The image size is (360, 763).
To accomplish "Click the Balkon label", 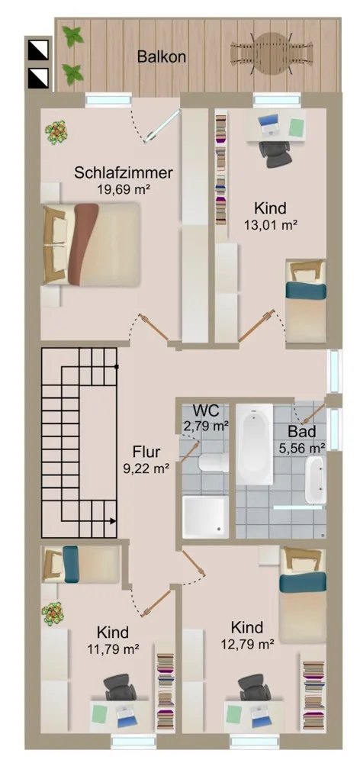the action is [x=161, y=57].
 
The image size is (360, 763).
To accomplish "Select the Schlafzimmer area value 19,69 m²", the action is [x=123, y=190].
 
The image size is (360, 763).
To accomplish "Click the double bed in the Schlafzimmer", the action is [x=92, y=244].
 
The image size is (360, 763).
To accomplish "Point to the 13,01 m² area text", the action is [x=271, y=225].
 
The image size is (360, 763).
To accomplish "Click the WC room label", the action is [x=205, y=410].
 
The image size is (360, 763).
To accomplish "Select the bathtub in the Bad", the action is [x=255, y=444].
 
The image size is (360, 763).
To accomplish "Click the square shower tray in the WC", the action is [x=205, y=517].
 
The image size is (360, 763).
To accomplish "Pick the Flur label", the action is [x=146, y=452].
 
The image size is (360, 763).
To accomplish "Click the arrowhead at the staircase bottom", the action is [x=113, y=521].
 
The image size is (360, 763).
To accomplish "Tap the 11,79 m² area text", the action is [x=113, y=649].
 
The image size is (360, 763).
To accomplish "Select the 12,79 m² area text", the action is [x=246, y=645].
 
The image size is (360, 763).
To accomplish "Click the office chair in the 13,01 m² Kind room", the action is [x=275, y=153].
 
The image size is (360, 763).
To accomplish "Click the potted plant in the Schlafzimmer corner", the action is [x=56, y=132].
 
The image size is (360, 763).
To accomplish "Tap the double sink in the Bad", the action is [x=315, y=480].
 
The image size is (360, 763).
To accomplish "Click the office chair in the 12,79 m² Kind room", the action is [x=255, y=687].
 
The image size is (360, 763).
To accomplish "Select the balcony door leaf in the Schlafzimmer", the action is [x=162, y=126].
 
